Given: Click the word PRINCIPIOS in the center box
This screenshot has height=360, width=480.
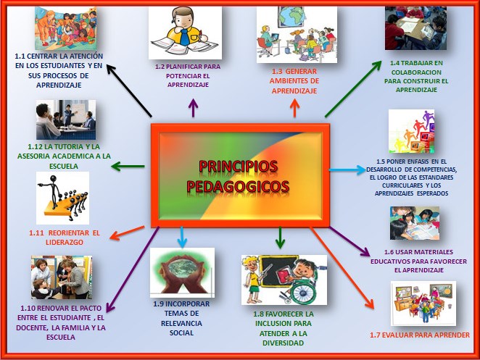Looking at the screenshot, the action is [x=238, y=166].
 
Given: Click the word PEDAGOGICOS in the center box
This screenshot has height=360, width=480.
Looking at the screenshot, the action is [x=238, y=186].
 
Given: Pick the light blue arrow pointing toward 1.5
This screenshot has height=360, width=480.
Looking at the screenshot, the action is [x=348, y=171].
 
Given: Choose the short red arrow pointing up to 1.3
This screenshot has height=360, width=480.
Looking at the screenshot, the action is [x=294, y=109].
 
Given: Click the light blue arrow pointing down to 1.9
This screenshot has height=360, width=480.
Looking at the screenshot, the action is [x=182, y=236].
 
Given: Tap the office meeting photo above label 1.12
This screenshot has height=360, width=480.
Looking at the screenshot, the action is [x=65, y=120].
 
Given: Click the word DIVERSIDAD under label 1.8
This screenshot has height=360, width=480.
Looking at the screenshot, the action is [x=278, y=344].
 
